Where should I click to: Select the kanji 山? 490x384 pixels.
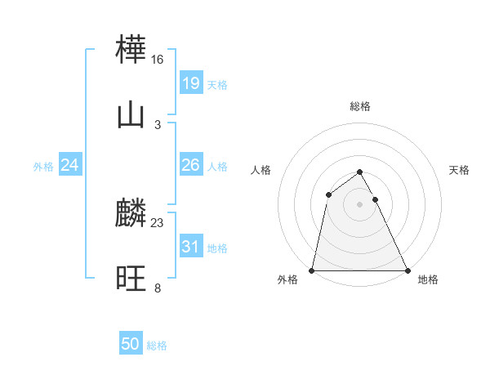click(x=131, y=115)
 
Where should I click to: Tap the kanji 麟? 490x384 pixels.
click(x=131, y=214)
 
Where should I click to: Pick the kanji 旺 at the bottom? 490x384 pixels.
click(x=131, y=279)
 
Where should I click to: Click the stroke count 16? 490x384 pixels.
click(x=158, y=60)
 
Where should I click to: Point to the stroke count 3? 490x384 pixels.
click(x=158, y=124)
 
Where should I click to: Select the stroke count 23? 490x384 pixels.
click(x=158, y=223)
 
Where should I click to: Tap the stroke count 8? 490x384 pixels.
click(x=158, y=288)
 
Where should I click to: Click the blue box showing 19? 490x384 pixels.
click(x=190, y=83)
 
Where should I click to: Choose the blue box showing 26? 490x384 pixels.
click(x=190, y=166)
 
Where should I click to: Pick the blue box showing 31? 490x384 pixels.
click(x=190, y=247)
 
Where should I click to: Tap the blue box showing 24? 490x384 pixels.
click(x=70, y=166)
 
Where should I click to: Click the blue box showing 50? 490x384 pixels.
click(x=131, y=345)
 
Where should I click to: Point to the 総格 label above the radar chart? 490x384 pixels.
click(x=360, y=106)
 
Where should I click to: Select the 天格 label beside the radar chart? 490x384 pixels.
click(x=460, y=170)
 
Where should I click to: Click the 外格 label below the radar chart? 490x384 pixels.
click(x=287, y=279)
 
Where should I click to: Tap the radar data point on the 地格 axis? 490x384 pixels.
click(x=407, y=270)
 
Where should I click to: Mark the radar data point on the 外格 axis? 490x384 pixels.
click(x=312, y=270)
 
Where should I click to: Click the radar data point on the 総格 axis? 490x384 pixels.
click(x=360, y=172)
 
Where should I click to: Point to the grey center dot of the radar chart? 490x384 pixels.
click(x=360, y=204)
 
